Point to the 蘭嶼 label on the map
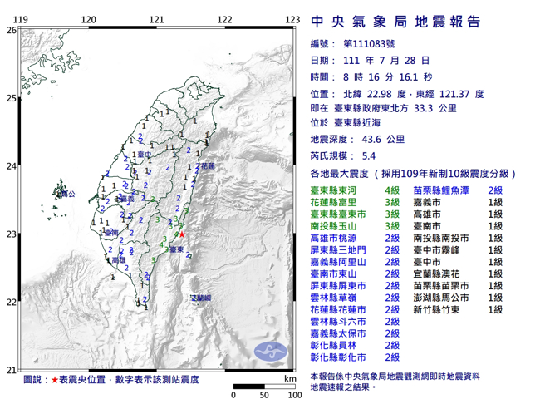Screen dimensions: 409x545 201,297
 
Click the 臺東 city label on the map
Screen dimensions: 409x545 176,248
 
